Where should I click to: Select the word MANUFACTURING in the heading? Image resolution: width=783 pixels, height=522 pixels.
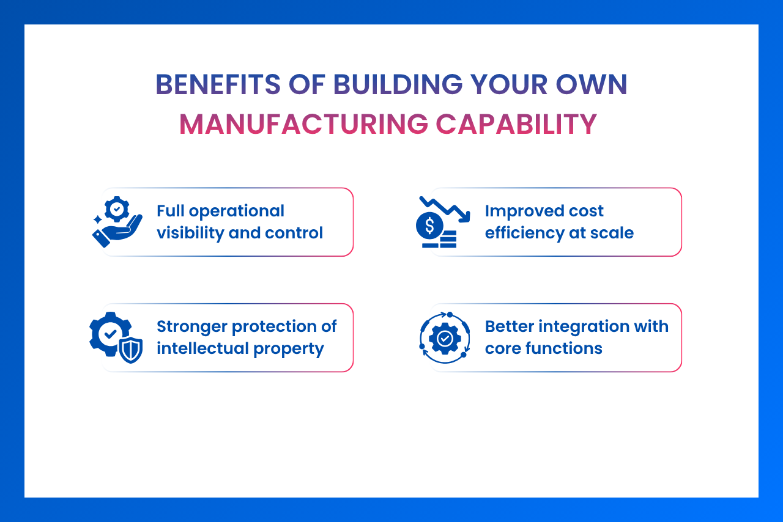(x=303, y=125)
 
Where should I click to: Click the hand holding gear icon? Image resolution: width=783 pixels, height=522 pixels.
(x=117, y=222)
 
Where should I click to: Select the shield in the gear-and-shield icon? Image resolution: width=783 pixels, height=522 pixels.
(x=131, y=350)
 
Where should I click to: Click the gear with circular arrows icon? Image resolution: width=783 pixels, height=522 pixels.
(x=445, y=337)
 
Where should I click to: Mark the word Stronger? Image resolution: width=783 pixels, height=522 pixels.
(x=191, y=326)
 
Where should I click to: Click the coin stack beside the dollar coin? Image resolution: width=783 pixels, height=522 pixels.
(x=447, y=239)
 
